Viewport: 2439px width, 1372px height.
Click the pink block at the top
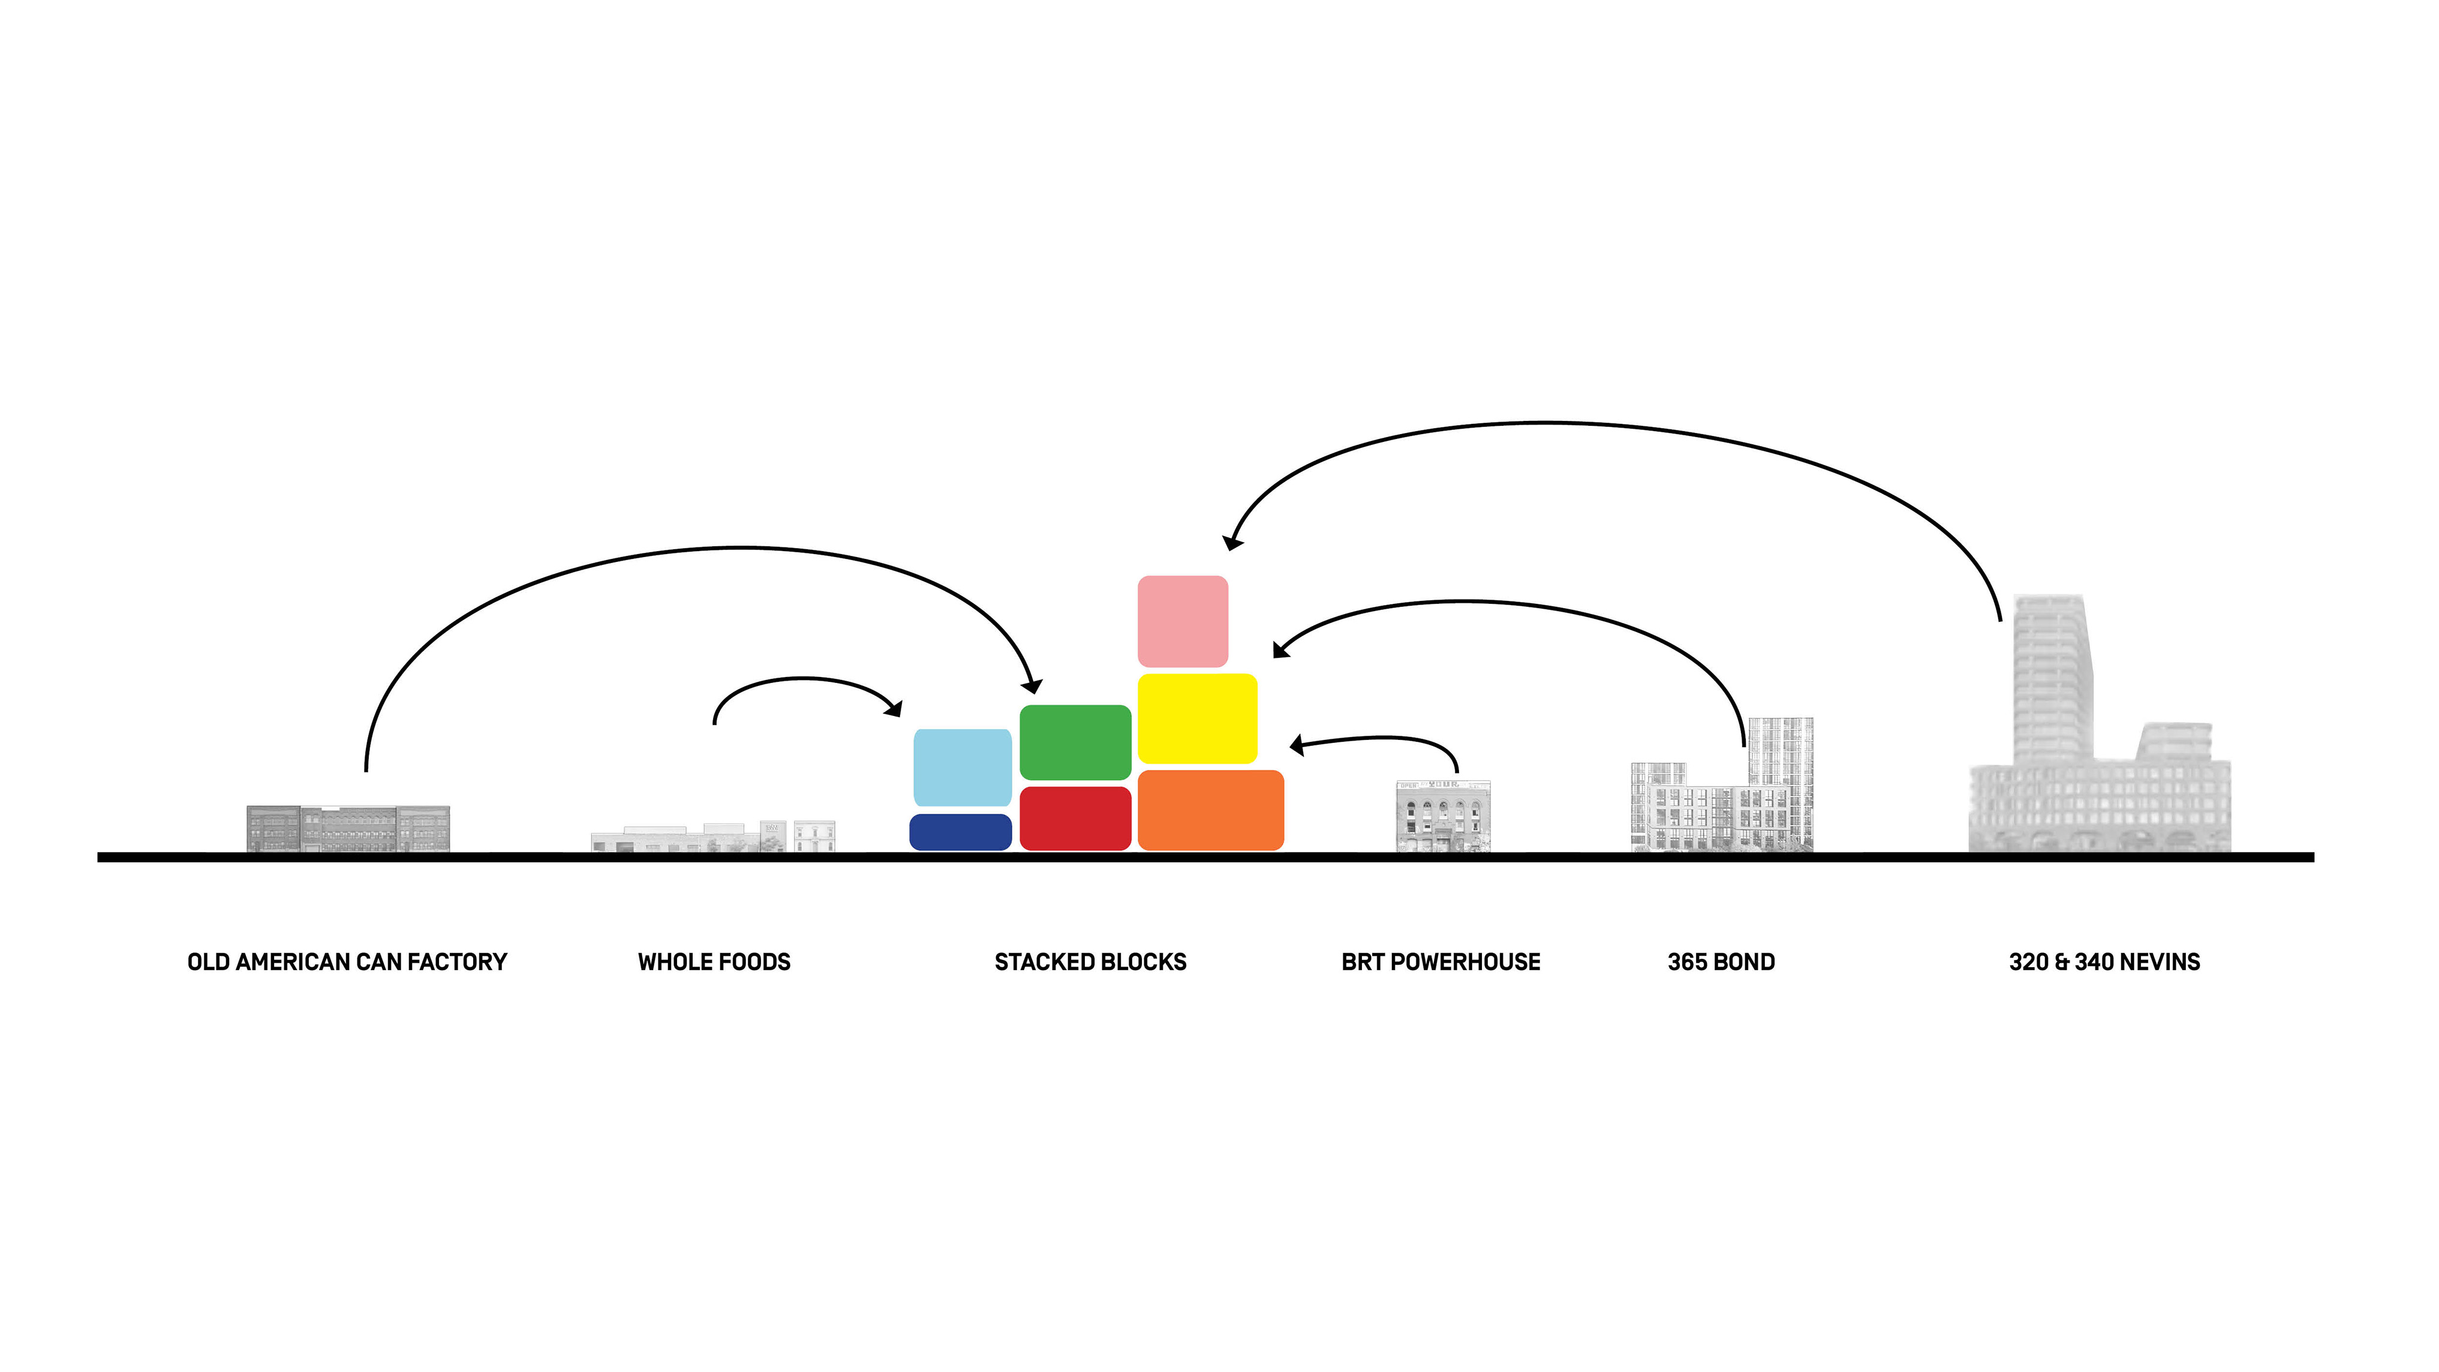tap(1183, 621)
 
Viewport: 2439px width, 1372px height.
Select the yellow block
tap(1197, 718)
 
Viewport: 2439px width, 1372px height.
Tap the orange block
tap(1210, 810)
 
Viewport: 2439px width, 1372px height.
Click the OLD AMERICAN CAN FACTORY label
tap(347, 962)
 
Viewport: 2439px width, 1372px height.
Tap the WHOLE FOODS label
tap(714, 962)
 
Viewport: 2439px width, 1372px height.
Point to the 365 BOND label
tap(1721, 962)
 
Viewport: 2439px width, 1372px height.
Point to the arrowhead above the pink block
tap(1233, 541)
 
